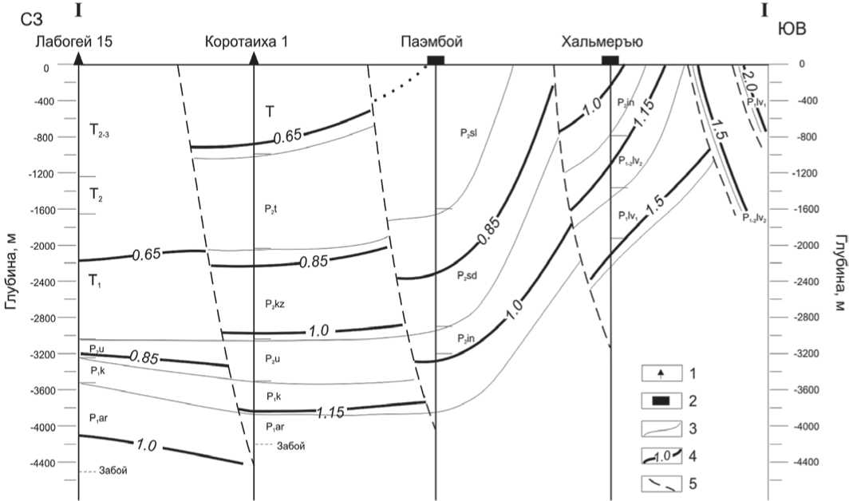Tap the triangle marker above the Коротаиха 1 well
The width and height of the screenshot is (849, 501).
click(x=254, y=58)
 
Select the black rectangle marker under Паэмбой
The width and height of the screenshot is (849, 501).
click(x=436, y=60)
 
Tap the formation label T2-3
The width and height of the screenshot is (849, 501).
click(x=101, y=132)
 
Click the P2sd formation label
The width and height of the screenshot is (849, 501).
click(x=468, y=274)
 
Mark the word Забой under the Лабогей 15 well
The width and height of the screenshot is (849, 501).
click(x=113, y=471)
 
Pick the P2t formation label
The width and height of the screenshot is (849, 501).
click(x=270, y=208)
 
